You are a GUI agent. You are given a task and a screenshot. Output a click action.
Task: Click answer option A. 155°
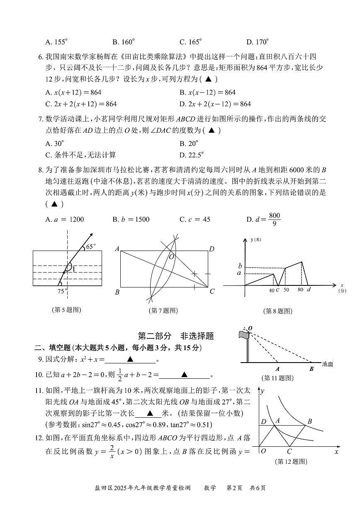pos(56,42)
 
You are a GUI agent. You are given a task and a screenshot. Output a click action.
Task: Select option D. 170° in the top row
pos(258,42)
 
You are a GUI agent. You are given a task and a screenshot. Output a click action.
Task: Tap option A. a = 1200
pos(64,219)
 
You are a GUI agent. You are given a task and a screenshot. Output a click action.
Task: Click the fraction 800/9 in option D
pos(275,219)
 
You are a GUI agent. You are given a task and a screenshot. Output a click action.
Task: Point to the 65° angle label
pos(90,247)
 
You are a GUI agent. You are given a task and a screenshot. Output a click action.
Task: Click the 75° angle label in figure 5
pos(62,291)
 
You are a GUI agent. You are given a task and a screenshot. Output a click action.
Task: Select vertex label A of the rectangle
pos(117,249)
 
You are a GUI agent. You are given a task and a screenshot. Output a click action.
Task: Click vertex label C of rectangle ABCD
pos(212,292)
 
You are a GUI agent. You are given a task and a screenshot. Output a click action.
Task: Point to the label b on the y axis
pos(240,265)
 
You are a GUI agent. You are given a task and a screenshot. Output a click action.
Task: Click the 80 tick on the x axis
pos(300,290)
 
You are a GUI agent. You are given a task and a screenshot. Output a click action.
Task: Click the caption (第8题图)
pos(277,311)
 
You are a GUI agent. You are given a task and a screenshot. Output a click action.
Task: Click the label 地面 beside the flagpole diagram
pos(327,364)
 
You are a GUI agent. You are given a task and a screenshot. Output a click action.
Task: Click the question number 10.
pos(39,375)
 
